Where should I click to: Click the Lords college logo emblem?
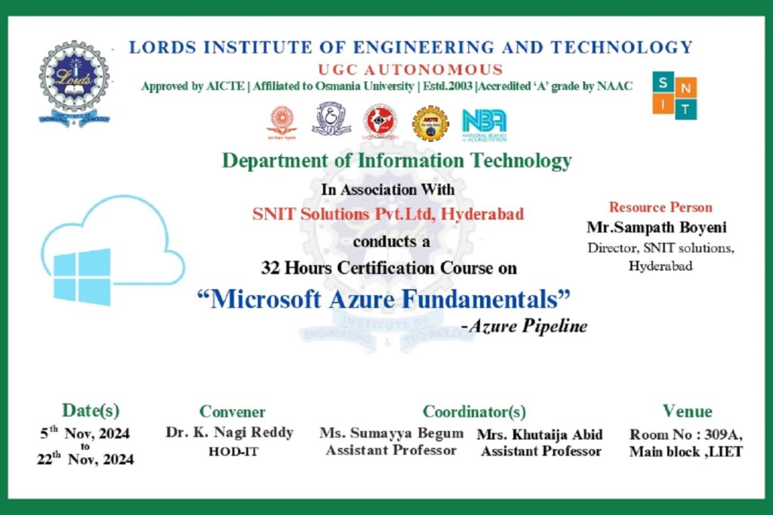pyautogui.click(x=75, y=82)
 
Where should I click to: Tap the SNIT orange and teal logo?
pyautogui.click(x=674, y=97)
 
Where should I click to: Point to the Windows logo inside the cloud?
pyautogui.click(x=82, y=276)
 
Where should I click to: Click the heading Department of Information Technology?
pyautogui.click(x=396, y=161)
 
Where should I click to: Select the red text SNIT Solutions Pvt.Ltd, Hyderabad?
pyautogui.click(x=388, y=214)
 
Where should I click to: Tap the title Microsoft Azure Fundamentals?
pyautogui.click(x=383, y=300)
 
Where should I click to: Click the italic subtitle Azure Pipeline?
pyautogui.click(x=524, y=325)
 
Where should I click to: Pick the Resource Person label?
pyautogui.click(x=661, y=208)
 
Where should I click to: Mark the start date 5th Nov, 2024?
pyautogui.click(x=85, y=433)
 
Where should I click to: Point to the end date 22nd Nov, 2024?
pyautogui.click(x=85, y=458)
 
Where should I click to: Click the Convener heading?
pyautogui.click(x=233, y=412)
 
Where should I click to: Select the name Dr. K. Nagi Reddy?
pyautogui.click(x=229, y=433)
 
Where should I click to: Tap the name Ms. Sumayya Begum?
pyautogui.click(x=391, y=433)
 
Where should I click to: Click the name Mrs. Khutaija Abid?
pyautogui.click(x=540, y=435)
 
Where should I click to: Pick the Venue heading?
pyautogui.click(x=687, y=411)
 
